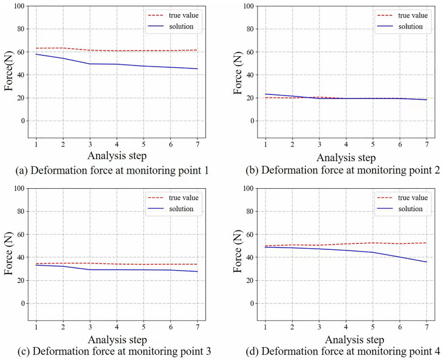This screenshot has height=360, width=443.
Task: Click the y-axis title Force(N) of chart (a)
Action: (9, 72)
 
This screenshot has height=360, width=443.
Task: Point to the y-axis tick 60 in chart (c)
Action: (21, 235)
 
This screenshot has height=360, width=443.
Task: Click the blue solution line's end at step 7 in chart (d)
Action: (427, 262)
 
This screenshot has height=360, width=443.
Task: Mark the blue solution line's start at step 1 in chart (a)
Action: (36, 54)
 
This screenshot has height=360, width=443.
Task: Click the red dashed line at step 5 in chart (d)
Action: (373, 243)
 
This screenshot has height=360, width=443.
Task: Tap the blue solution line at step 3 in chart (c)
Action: (90, 270)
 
